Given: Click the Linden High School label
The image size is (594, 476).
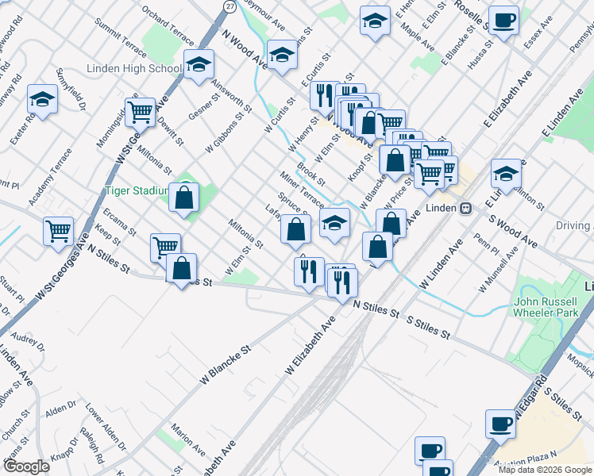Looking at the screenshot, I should click(134, 69).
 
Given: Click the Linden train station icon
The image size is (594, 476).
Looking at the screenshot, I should click(466, 208).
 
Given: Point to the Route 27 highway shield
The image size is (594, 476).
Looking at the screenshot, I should click(229, 6).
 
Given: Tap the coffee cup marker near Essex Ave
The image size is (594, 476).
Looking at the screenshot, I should click(503, 21).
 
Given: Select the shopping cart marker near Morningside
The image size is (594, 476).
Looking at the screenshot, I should click(140, 112).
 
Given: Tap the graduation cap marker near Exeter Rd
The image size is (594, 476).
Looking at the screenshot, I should click(42, 100).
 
